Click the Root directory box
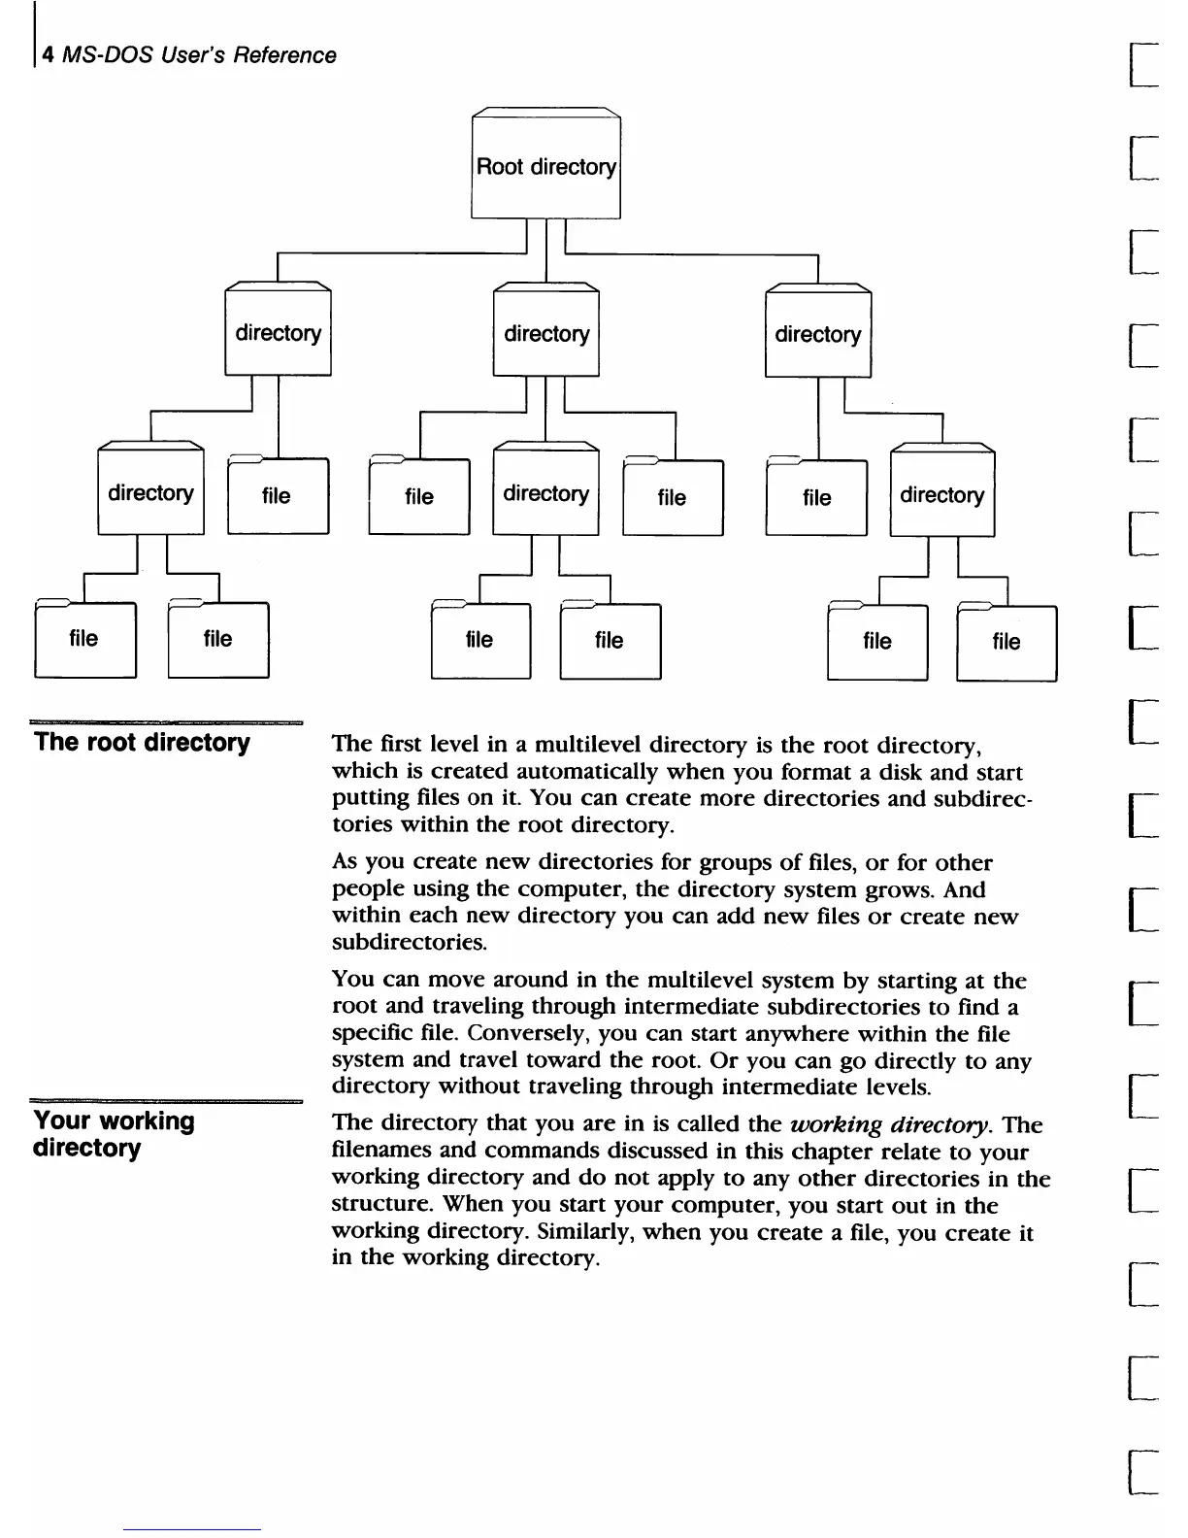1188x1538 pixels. (545, 166)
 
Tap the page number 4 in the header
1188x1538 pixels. (48, 56)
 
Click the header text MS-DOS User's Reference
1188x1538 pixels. (199, 55)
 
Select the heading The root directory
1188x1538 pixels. (142, 743)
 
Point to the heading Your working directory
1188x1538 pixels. (114, 1134)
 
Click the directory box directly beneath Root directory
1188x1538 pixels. (545, 334)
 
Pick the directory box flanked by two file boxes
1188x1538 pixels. (545, 493)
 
